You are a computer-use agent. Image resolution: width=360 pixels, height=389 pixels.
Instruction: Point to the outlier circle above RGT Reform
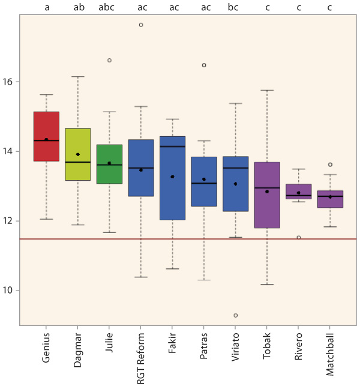point(141,25)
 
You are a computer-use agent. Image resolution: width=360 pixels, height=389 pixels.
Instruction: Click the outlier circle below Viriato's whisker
point(236,315)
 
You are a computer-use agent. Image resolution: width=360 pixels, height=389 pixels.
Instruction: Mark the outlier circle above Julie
point(109,60)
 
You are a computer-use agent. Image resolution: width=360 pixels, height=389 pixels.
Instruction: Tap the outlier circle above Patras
point(204,65)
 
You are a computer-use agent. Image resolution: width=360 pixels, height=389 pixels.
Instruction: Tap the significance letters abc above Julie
point(109,8)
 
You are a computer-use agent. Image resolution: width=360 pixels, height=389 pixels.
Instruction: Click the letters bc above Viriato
point(235,8)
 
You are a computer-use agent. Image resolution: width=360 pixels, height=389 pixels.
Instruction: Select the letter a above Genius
point(46,8)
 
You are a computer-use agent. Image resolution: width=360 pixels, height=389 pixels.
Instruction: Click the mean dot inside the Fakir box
point(172,176)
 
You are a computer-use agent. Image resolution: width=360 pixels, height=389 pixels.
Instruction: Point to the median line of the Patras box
point(204,183)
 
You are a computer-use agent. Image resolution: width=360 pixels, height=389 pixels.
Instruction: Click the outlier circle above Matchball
point(330,164)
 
